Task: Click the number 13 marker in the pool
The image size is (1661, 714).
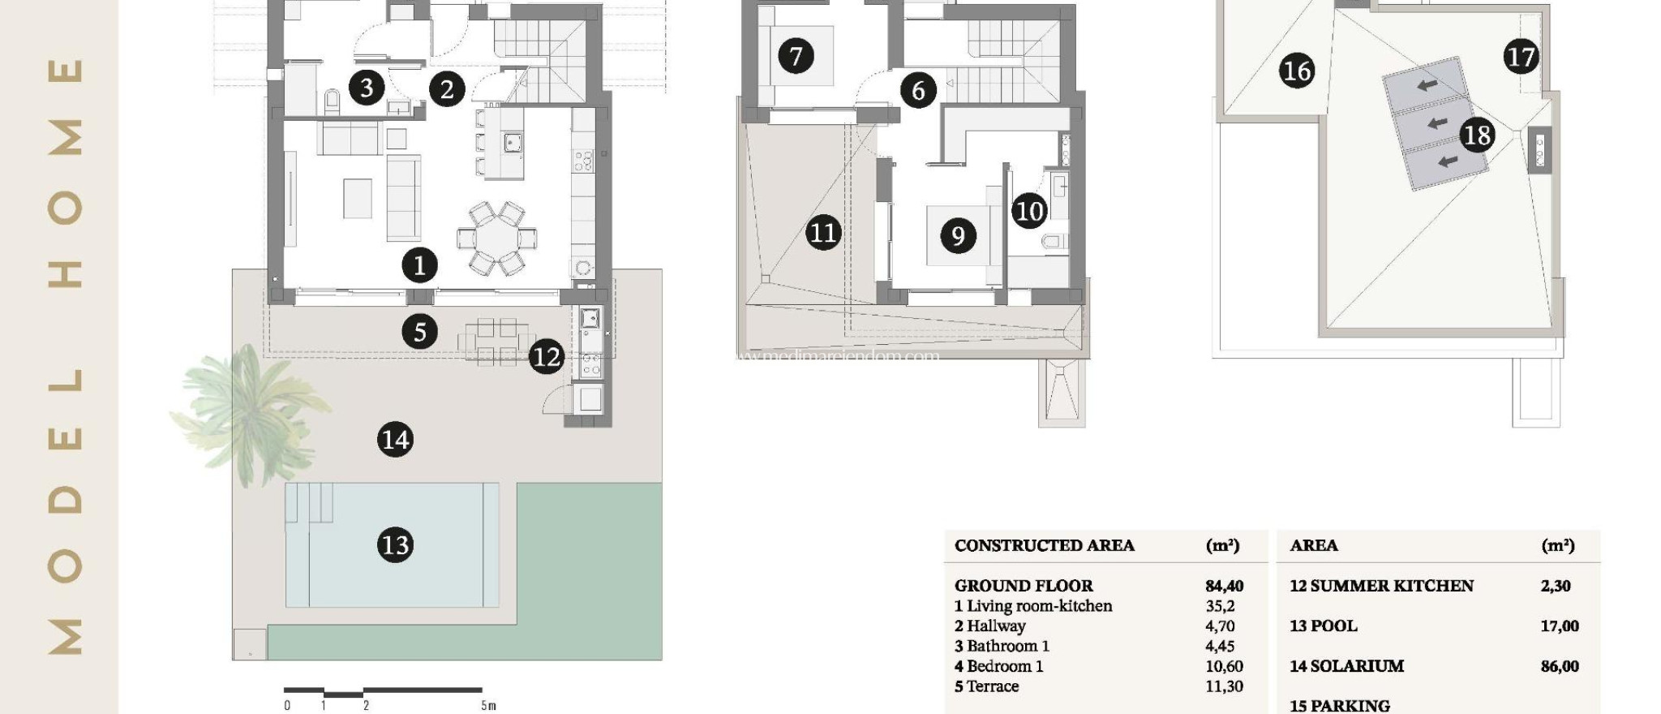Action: click(395, 544)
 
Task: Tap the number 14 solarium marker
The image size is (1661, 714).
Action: click(395, 440)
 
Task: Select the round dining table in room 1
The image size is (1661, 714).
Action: click(496, 238)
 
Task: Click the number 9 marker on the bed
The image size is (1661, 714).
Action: click(958, 235)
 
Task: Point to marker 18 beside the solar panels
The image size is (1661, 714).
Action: click(1477, 135)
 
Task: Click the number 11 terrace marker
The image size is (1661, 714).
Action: click(822, 233)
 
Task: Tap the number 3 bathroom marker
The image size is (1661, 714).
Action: click(367, 87)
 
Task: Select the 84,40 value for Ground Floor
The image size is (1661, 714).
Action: click(1224, 586)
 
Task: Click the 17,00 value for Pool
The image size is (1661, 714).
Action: click(1559, 626)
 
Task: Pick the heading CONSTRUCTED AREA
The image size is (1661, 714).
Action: click(1044, 545)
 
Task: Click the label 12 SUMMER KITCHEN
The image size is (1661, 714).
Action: click(1380, 586)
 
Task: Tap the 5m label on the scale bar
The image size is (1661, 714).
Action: click(488, 705)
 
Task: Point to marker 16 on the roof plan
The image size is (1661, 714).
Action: click(1296, 71)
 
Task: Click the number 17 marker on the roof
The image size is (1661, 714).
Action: click(1520, 57)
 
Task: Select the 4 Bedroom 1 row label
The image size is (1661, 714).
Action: click(998, 666)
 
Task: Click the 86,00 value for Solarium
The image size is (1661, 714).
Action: click(1559, 666)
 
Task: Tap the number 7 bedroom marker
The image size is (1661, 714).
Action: click(795, 56)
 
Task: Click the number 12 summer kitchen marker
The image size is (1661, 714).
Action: click(546, 357)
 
